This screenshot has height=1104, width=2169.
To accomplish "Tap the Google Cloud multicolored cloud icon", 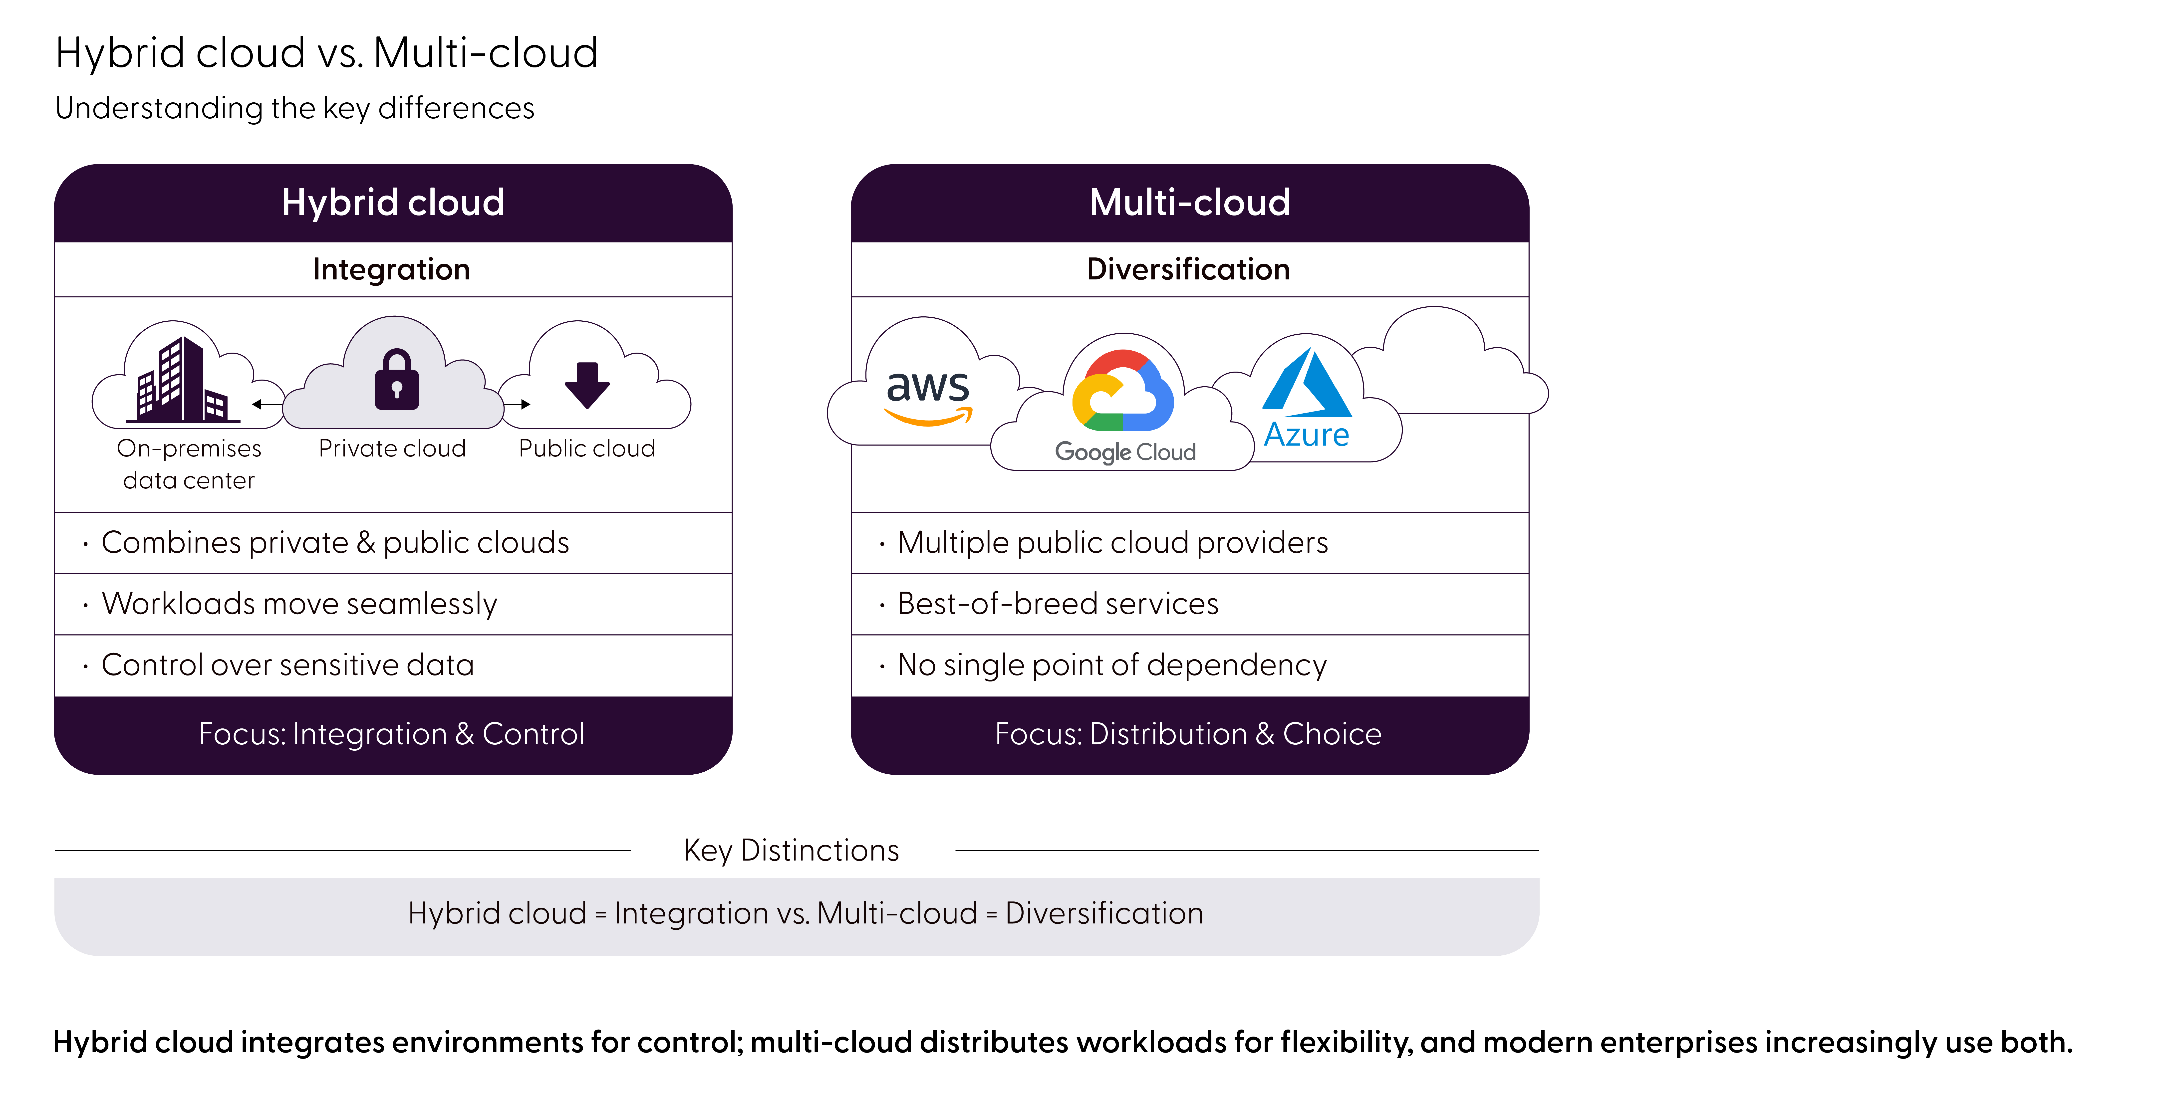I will tap(1122, 392).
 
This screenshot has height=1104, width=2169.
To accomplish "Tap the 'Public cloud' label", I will tap(587, 448).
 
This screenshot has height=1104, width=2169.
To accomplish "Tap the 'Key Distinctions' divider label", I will tap(792, 851).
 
